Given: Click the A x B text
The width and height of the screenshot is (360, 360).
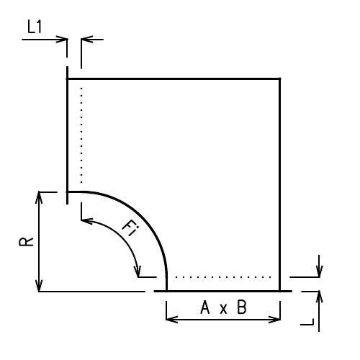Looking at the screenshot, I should point(223,308).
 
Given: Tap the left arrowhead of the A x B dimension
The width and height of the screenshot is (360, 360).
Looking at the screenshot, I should point(171,318).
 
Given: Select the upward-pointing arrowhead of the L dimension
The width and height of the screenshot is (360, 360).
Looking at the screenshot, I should point(319,296).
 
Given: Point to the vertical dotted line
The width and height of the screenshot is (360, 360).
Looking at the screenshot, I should point(82,137).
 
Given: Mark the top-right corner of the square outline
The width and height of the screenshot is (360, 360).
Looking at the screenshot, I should point(279,78).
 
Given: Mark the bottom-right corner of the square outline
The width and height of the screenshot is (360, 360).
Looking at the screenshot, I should point(279,291).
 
